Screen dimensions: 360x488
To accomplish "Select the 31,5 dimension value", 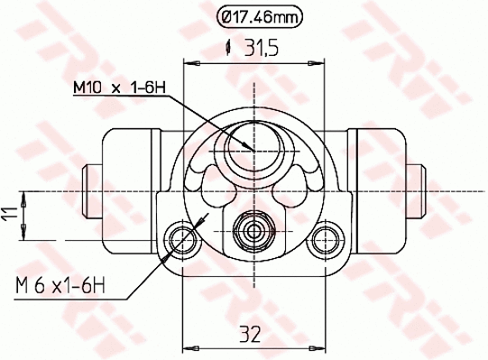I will (x=261, y=50).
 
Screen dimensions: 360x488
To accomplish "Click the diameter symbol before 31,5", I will (x=229, y=50).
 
